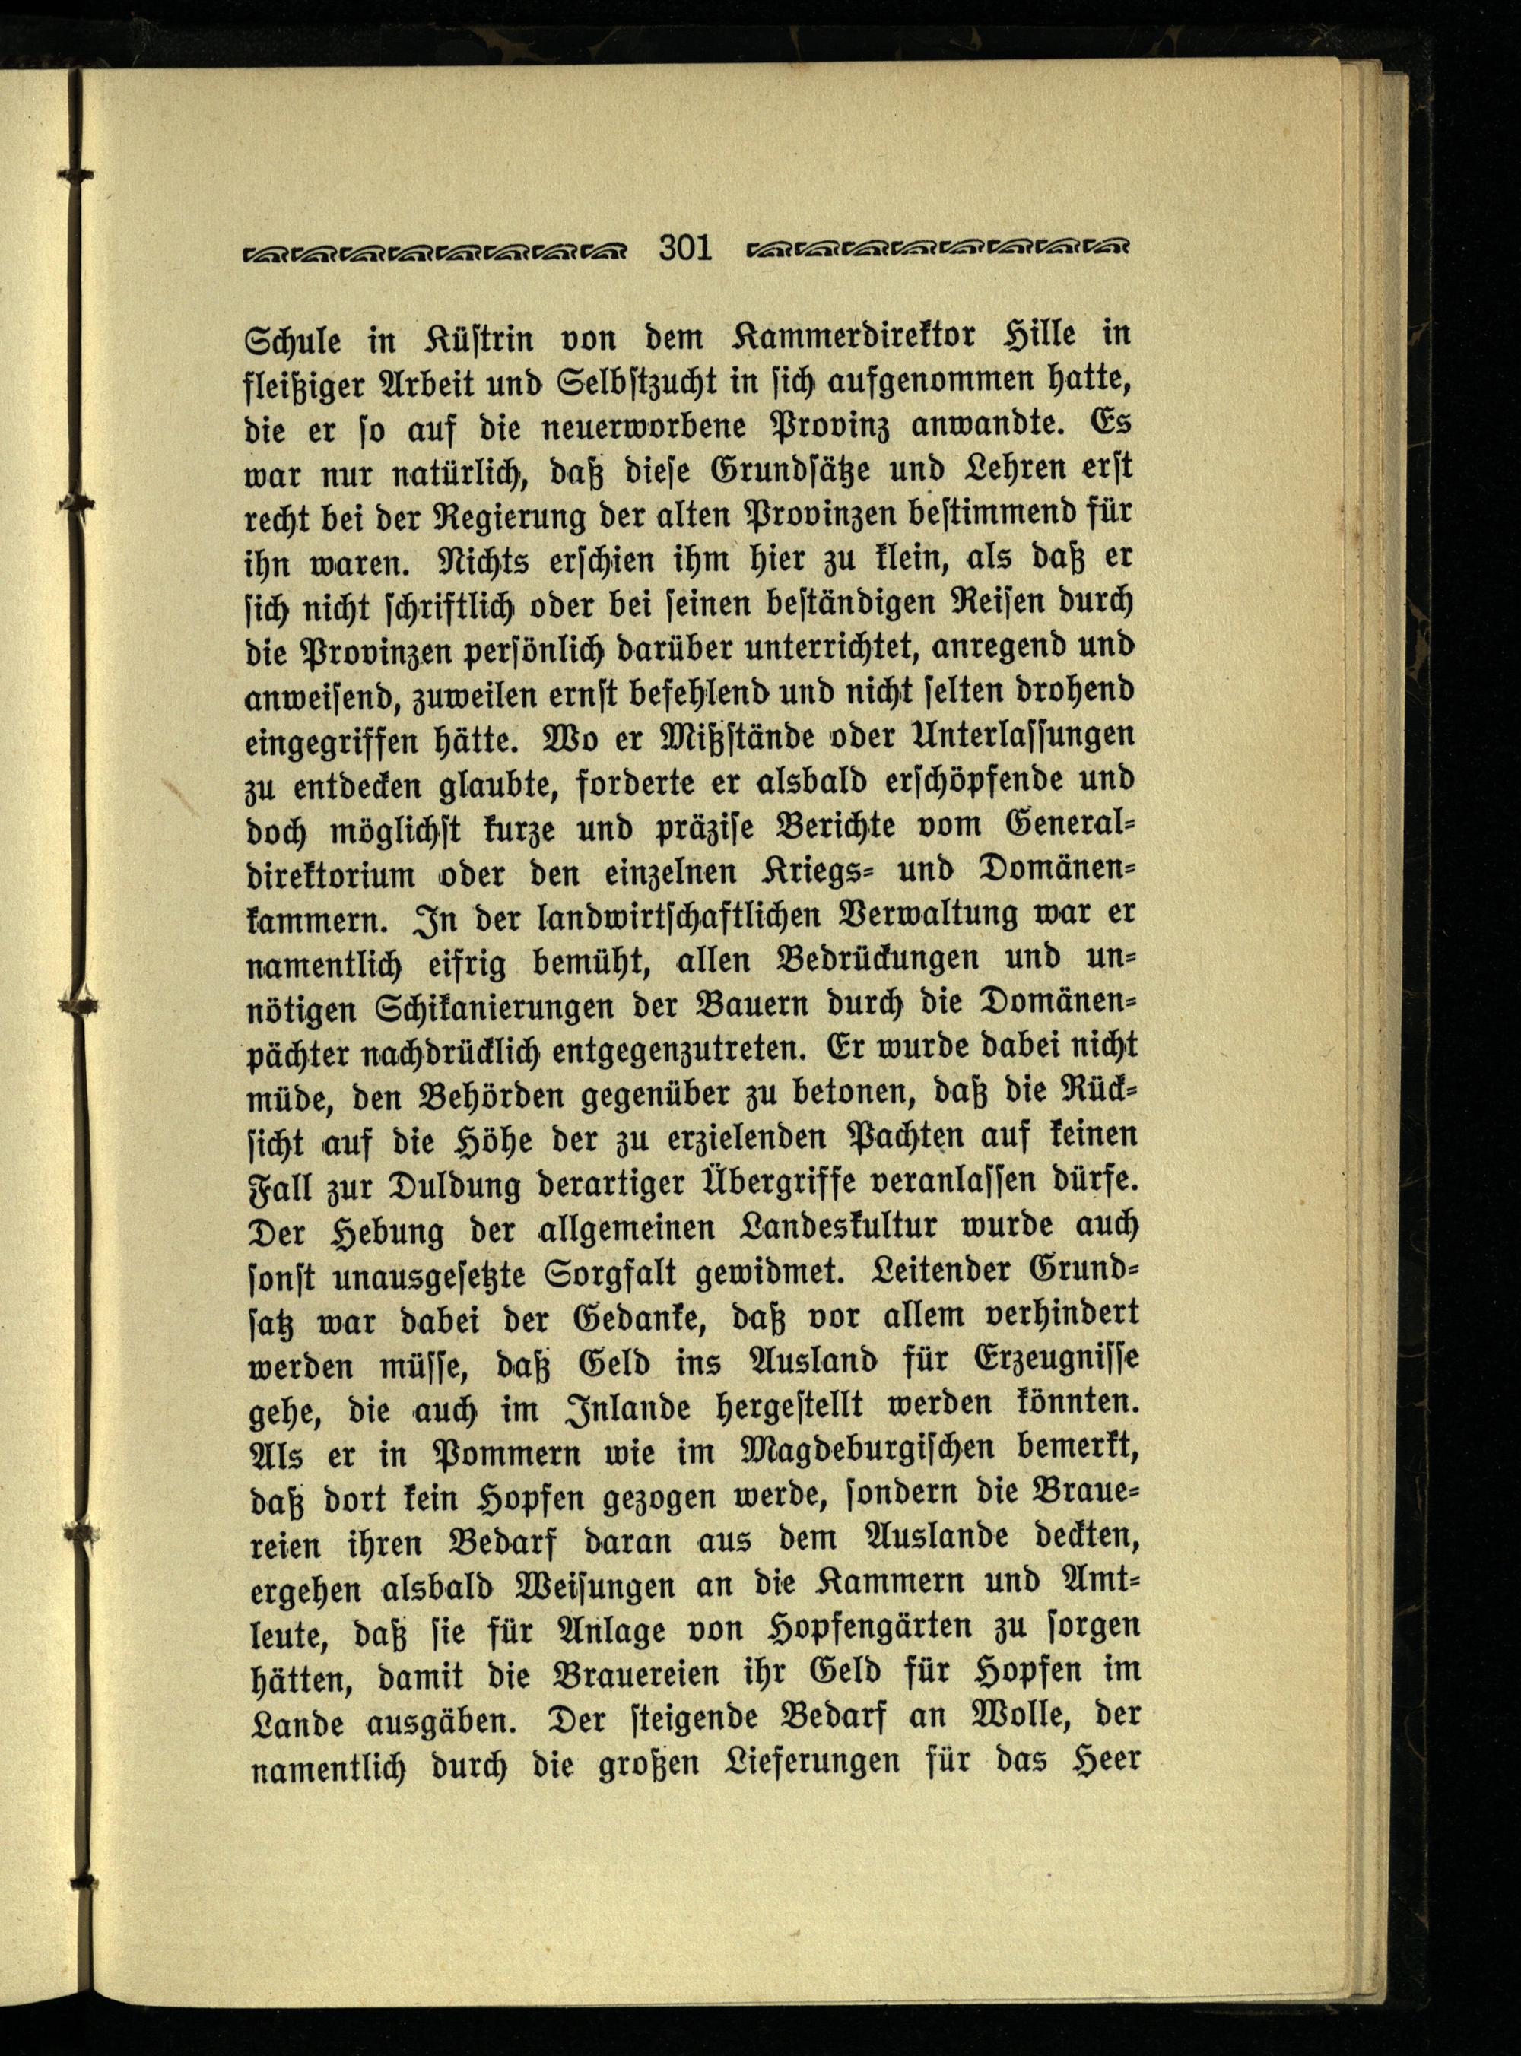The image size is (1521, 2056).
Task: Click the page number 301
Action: click(x=686, y=249)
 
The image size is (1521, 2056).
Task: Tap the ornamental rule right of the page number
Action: click(x=938, y=249)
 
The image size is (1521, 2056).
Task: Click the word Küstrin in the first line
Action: click(x=473, y=338)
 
